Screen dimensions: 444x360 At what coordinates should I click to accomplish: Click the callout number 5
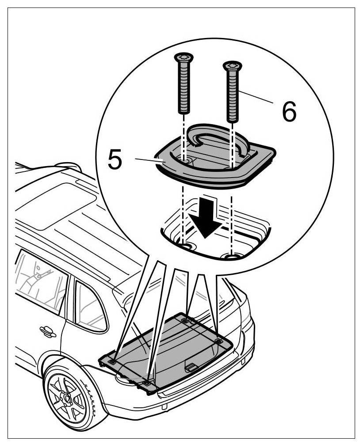coord(115,160)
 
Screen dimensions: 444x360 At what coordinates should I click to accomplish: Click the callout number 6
coord(289,112)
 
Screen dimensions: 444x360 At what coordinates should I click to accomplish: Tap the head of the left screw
coord(184,57)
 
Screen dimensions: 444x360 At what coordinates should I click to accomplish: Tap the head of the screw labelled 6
coord(233,66)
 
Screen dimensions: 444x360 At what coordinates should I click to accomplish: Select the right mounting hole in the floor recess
coord(231,255)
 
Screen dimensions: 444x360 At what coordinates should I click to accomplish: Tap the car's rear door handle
coord(47,331)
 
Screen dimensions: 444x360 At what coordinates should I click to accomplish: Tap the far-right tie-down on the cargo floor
coord(218,341)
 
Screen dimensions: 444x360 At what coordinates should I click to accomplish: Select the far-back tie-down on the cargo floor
coord(185,319)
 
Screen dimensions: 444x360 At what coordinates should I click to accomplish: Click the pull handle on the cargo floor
coord(191,366)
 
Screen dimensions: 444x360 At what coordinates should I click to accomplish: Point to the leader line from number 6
coord(257,97)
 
